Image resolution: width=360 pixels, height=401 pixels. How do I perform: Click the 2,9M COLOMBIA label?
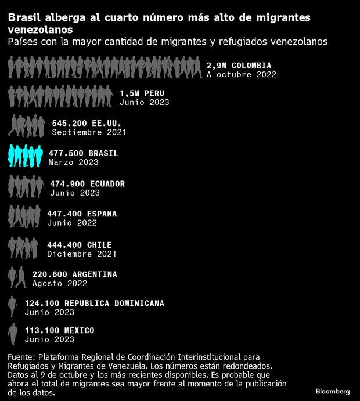239,65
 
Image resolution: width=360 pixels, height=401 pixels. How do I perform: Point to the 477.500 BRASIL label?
83,153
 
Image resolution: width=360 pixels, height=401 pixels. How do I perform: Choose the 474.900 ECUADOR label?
87,184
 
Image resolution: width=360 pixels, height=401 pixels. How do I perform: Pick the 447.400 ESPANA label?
83,214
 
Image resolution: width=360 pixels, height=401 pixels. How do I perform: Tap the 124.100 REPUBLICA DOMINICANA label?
94,303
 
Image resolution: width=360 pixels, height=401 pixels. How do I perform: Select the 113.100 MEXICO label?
59,330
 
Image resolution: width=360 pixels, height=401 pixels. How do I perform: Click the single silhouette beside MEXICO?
13,334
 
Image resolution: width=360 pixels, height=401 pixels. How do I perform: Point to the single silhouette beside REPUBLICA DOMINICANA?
13,306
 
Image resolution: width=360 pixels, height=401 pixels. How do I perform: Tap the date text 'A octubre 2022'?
241,74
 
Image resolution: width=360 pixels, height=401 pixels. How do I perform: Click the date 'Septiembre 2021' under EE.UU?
89,132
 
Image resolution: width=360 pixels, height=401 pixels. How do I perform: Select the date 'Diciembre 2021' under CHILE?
82,254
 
